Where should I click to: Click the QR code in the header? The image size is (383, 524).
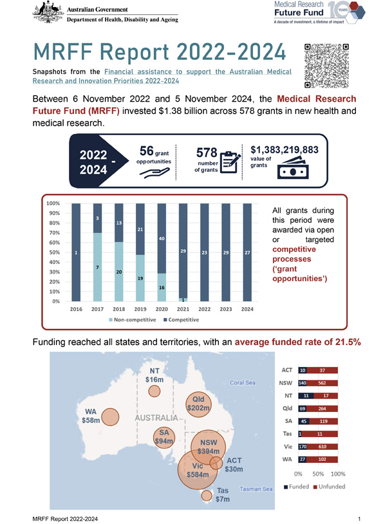(x=326, y=66)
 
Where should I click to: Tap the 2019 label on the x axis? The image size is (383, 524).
(x=140, y=308)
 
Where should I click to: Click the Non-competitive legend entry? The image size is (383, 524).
(x=134, y=320)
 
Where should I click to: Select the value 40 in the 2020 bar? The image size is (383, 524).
(x=162, y=239)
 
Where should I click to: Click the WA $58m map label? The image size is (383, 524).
(x=91, y=416)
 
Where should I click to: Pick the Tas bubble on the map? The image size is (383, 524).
(x=206, y=496)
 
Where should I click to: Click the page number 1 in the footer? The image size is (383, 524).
(x=359, y=517)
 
